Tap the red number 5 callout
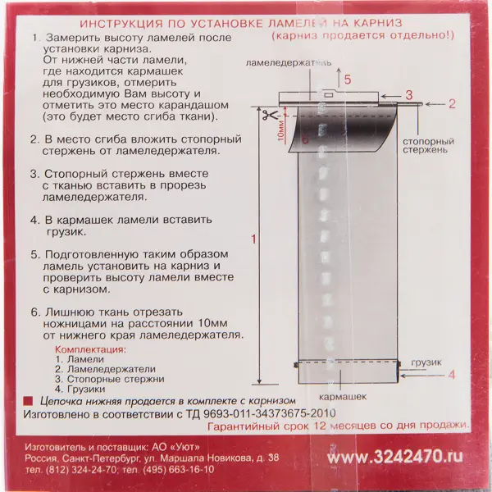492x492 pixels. (x=348, y=80)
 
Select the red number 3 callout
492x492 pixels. (x=408, y=95)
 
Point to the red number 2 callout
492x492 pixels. (x=452, y=103)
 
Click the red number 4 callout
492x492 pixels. (x=451, y=375)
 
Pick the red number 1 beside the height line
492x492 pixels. (x=254, y=239)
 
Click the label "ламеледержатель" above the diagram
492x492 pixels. (x=289, y=63)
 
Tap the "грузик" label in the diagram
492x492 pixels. (x=426, y=362)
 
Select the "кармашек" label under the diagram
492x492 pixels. (x=343, y=397)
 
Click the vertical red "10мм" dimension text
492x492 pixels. (x=280, y=131)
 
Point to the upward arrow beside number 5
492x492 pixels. (x=338, y=77)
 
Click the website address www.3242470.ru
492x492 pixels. (x=394, y=457)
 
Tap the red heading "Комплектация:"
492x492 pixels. (x=90, y=349)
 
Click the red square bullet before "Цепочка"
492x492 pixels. (x=28, y=401)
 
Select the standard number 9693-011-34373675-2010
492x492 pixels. (x=270, y=413)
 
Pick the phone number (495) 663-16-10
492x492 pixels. (x=178, y=470)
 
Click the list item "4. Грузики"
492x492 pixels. (x=80, y=389)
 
